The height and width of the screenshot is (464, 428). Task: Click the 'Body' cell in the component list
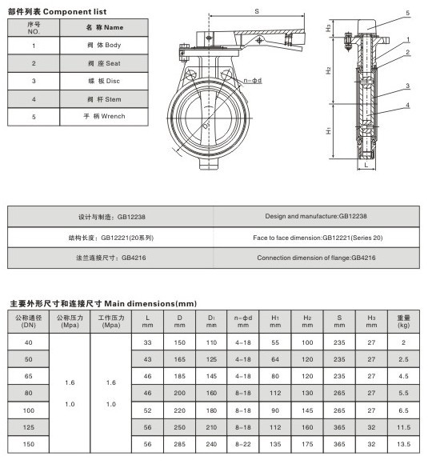point(104,46)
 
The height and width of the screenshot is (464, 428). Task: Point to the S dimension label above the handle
point(257,11)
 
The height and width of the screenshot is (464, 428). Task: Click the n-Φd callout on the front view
point(253,81)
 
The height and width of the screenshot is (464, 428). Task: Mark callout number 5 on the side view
point(407,13)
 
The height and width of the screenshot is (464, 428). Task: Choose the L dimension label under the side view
point(366,165)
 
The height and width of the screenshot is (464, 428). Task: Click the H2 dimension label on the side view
point(328,70)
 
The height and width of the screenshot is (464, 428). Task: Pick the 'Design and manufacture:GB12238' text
point(316,216)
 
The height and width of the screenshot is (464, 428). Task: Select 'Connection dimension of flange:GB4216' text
point(316,258)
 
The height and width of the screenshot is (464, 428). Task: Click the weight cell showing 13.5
point(404,444)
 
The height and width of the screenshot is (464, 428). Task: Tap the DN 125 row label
point(29,427)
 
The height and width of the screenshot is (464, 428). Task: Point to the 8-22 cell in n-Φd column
point(243,444)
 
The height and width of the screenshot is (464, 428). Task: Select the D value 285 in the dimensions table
point(180,444)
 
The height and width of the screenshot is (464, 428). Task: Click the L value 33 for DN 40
point(147,342)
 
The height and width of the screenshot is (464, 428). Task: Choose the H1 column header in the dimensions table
point(275,322)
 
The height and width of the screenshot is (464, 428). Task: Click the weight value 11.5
point(404,427)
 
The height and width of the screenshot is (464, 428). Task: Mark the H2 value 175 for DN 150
point(307,444)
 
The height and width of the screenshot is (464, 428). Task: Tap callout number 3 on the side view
point(407,86)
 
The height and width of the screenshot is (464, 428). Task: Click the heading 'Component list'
point(75,12)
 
